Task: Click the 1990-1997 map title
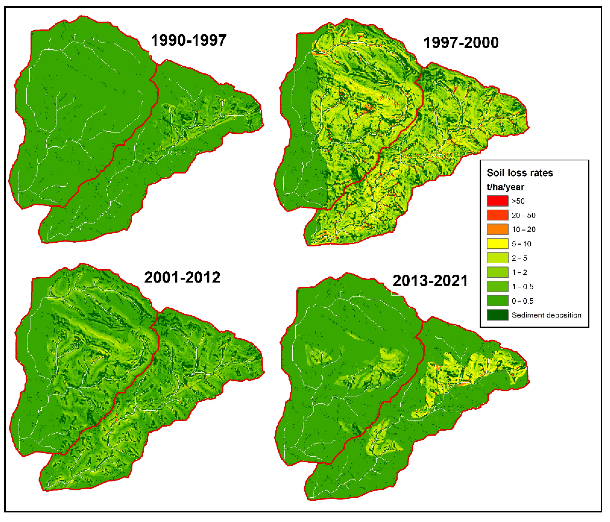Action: pos(188,40)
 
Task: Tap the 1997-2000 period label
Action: pos(461,43)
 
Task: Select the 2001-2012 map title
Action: pos(182,277)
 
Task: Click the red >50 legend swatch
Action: pos(497,201)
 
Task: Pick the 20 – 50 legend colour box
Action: pos(497,215)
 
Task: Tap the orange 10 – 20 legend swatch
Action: pos(497,229)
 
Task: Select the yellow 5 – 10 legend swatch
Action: pos(497,244)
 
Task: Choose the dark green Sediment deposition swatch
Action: pos(497,315)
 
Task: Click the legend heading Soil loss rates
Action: pos(520,173)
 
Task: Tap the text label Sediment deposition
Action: pos(546,315)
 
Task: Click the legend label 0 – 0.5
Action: pos(522,301)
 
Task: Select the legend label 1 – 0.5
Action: pos(522,287)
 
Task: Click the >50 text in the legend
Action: pos(518,201)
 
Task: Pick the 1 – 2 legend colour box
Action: pos(497,272)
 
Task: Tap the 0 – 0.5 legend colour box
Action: pos(497,301)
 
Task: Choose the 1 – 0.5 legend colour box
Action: pos(497,287)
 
